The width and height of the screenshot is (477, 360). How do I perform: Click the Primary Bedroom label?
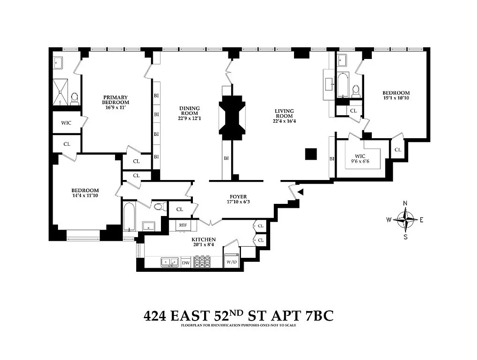[116, 100]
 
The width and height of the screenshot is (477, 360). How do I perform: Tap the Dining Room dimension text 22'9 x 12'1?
[189, 119]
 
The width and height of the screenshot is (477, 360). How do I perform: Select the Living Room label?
[284, 113]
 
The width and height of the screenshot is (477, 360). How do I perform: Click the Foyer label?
[238, 196]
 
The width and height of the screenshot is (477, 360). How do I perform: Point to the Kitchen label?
[204, 239]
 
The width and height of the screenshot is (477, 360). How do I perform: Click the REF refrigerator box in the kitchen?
[183, 225]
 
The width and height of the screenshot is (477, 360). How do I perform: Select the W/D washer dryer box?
[232, 261]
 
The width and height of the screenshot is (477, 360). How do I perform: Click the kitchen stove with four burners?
[202, 262]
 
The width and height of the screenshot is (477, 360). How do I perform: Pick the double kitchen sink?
[169, 262]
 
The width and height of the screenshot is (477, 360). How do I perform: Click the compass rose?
[406, 220]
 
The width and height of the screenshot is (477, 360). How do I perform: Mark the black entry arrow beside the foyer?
[301, 192]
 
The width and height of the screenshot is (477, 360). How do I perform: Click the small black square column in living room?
[311, 154]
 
